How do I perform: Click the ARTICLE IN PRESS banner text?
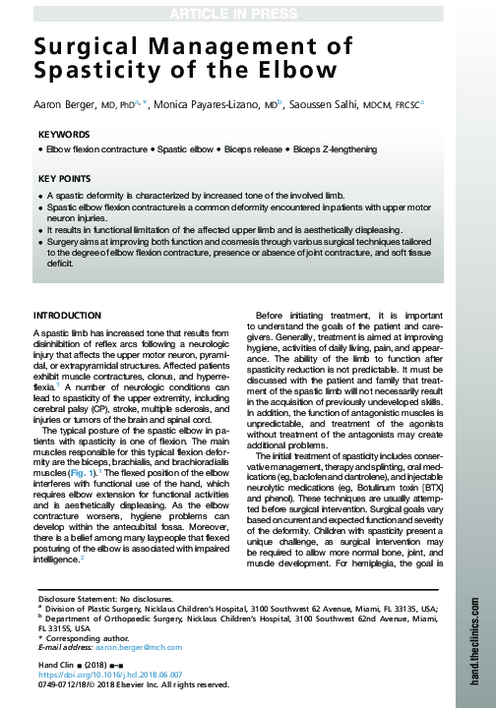tap(247, 11)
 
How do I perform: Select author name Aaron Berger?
tap(60, 102)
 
